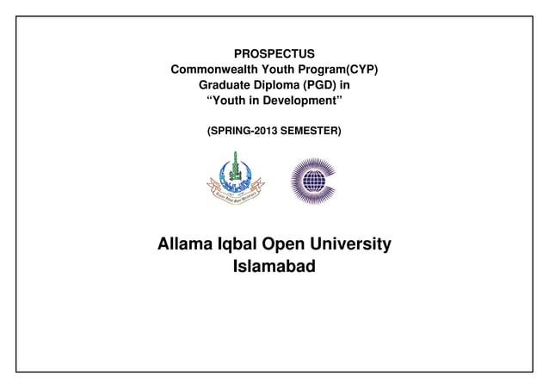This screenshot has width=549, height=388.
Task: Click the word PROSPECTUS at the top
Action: (274, 53)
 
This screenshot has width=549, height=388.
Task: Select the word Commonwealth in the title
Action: (211, 70)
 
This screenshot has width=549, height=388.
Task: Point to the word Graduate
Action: (225, 86)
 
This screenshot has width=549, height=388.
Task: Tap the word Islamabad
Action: (274, 268)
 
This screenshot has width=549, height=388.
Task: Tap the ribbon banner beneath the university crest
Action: (235, 194)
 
